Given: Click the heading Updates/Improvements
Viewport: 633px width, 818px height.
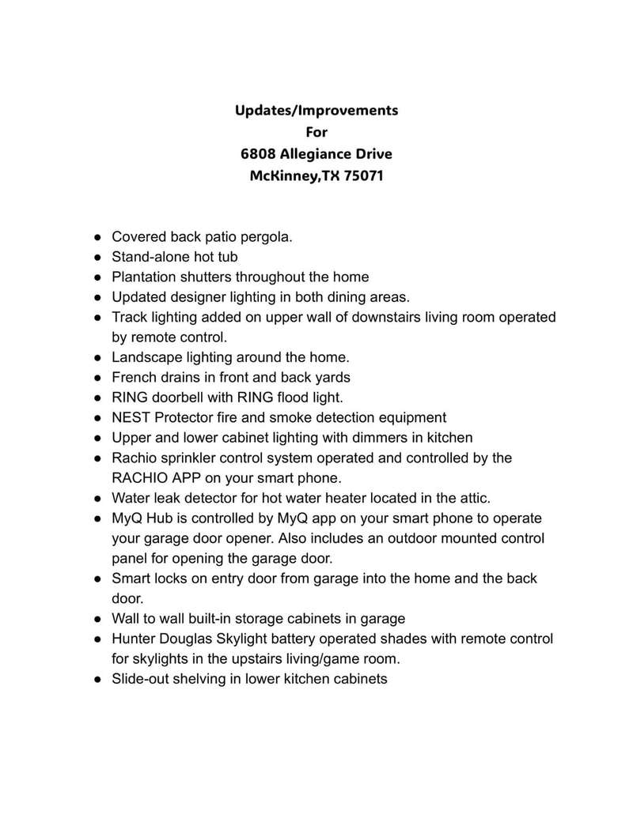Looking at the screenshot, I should pyautogui.click(x=316, y=110).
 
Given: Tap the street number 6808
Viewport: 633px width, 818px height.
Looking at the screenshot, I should pyautogui.click(x=260, y=153).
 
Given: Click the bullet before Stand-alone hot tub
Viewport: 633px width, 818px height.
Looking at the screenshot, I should pyautogui.click(x=97, y=257).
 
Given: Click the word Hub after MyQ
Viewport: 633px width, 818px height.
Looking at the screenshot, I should pyautogui.click(x=161, y=518).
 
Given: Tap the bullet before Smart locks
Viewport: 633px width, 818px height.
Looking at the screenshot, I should pyautogui.click(x=97, y=579).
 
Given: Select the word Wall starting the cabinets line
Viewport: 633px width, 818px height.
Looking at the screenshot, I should pyautogui.click(x=127, y=618).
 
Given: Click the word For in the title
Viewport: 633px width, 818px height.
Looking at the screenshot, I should pyautogui.click(x=316, y=131).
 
